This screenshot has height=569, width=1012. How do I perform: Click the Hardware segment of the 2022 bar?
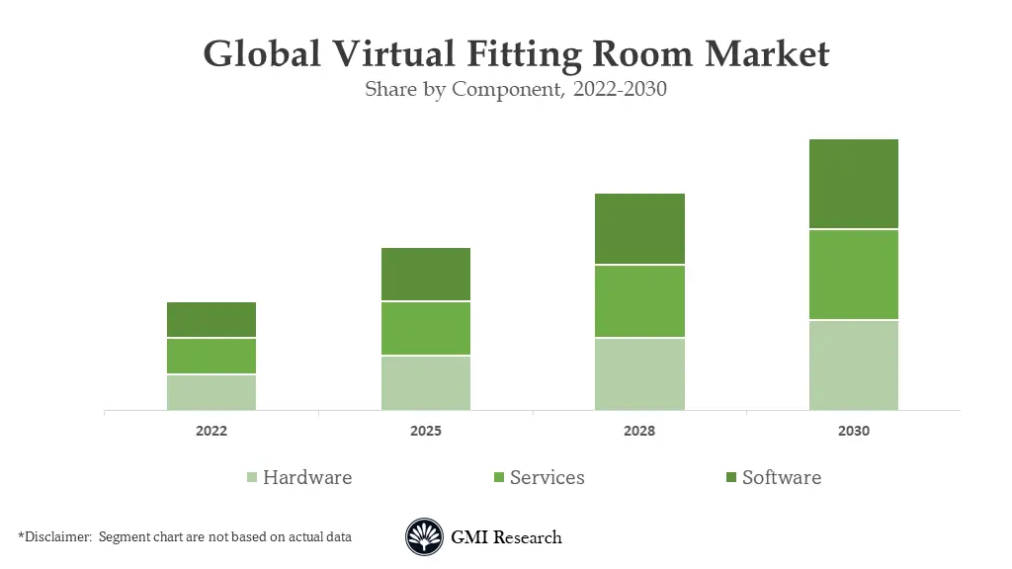click(x=211, y=392)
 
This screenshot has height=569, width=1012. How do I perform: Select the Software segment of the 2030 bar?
click(x=853, y=184)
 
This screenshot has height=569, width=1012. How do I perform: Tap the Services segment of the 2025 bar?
click(x=426, y=328)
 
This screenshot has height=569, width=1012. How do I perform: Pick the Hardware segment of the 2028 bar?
click(x=639, y=373)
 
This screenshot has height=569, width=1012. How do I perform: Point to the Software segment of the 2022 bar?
click(x=211, y=320)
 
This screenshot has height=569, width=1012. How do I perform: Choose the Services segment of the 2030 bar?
click(x=853, y=275)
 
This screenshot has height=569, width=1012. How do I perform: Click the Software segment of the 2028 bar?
click(x=639, y=228)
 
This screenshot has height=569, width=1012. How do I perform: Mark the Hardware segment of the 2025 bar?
click(x=426, y=382)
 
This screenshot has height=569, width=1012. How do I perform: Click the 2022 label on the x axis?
click(x=211, y=432)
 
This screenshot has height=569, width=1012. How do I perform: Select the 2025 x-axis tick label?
click(x=426, y=432)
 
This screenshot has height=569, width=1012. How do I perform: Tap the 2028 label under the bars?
click(x=639, y=432)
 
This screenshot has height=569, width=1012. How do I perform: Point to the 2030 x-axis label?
click(x=853, y=432)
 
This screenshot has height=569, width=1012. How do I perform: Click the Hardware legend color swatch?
click(x=252, y=478)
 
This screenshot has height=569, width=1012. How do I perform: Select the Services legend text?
click(x=547, y=477)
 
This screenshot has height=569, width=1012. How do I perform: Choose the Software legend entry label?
click(x=781, y=477)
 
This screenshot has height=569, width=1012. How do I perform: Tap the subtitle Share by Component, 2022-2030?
click(x=516, y=90)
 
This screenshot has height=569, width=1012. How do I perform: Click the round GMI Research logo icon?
click(x=423, y=537)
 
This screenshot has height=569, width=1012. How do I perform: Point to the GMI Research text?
click(x=506, y=537)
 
